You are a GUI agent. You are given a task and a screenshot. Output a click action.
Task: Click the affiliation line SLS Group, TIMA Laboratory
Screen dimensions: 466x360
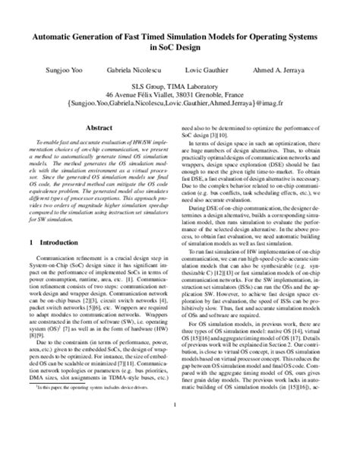180,87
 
